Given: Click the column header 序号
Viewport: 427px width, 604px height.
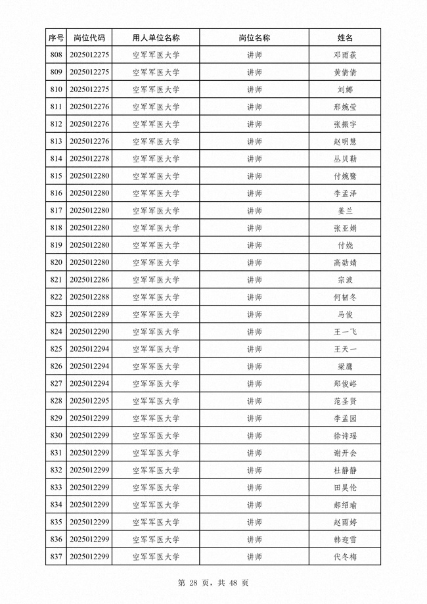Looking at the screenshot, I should point(56,38).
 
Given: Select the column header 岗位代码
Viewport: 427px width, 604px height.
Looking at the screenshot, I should point(89,38).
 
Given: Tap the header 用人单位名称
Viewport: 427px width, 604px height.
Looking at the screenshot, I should point(156,38).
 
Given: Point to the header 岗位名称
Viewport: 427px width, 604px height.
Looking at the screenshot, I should point(254,38).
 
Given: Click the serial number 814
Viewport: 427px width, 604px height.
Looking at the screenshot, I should point(56,159).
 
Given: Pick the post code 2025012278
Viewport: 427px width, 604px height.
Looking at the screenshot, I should point(89,159).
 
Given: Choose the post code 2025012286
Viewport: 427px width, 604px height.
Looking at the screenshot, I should point(89,280).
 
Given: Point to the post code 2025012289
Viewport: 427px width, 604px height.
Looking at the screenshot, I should point(89,315).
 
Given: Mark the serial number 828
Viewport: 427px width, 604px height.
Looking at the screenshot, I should point(56,401).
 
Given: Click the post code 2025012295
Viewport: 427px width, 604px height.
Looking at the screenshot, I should point(89,401).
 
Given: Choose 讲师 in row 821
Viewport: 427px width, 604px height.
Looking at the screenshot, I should point(254,280).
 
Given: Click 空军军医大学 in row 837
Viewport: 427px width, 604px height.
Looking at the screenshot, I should point(156,557).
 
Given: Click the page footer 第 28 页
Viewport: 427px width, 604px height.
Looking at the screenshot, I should point(191,583).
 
